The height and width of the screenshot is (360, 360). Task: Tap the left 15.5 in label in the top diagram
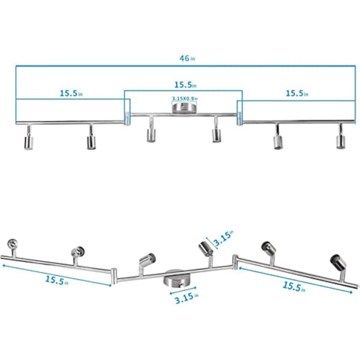(x=71, y=93)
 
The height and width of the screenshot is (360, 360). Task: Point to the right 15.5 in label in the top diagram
(x=296, y=93)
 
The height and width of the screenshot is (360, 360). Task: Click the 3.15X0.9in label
(x=185, y=99)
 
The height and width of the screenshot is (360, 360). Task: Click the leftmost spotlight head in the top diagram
(x=28, y=141)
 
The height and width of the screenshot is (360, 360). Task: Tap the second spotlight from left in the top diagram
(x=91, y=141)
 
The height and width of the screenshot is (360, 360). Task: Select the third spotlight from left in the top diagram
(x=150, y=134)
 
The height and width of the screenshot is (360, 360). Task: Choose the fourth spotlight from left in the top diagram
(x=216, y=134)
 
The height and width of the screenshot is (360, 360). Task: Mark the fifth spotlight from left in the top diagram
(x=278, y=141)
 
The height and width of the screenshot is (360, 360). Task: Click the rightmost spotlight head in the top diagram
(x=340, y=141)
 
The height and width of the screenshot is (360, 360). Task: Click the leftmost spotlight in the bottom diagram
(x=13, y=244)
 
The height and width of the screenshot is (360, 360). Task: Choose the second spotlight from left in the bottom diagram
(x=76, y=253)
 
